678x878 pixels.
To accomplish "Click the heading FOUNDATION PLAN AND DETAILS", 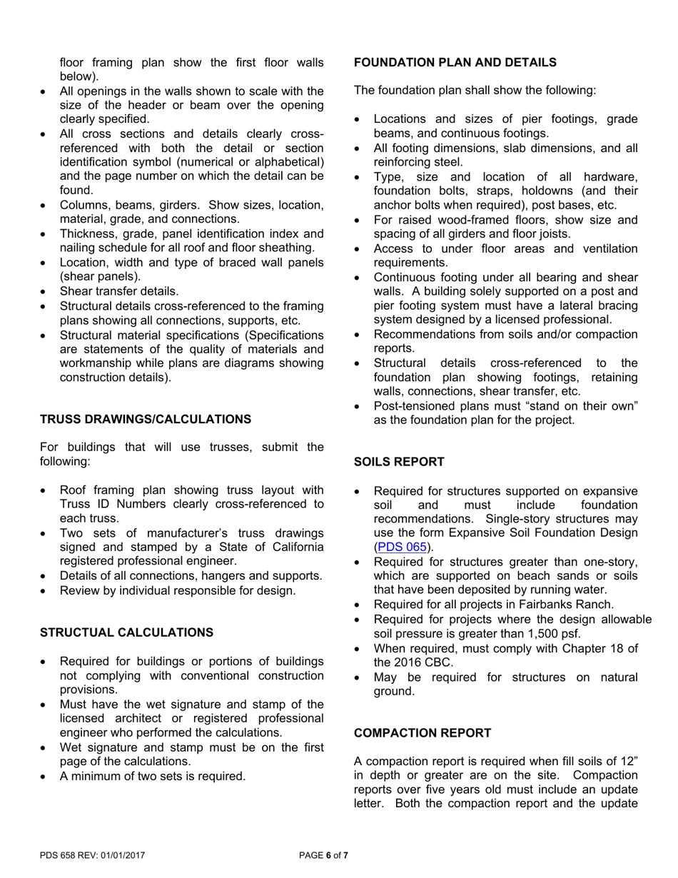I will tap(455, 63).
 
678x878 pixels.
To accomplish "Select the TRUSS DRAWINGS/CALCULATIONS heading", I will tap(145, 419).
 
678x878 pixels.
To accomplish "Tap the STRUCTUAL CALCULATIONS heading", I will tap(126, 633).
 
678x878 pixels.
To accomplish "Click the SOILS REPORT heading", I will tap(399, 463).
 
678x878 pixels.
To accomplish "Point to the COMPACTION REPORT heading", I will tap(423, 734).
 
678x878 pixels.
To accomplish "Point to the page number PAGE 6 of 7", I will tap(323, 855).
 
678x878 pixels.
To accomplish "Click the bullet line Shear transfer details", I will tap(119, 291).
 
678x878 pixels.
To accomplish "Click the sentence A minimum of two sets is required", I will tap(153, 776).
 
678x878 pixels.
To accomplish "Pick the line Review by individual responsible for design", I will tap(177, 590).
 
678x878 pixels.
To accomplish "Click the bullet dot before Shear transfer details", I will tap(44, 291).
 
